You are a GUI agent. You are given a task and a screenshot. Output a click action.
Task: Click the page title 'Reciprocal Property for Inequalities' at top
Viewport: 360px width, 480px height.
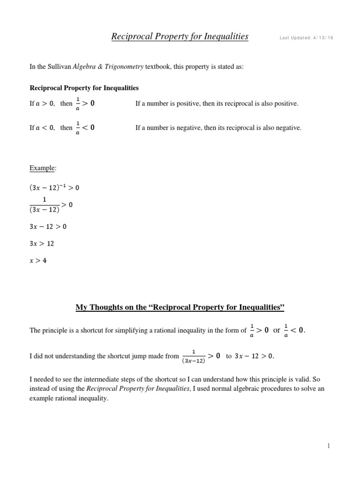coord(180,36)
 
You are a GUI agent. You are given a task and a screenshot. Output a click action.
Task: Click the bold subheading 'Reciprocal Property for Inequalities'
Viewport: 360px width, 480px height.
coord(84,88)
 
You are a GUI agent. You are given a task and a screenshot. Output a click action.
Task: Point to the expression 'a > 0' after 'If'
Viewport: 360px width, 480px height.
coord(45,104)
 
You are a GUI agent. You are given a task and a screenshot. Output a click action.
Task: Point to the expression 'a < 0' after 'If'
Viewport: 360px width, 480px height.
coord(45,127)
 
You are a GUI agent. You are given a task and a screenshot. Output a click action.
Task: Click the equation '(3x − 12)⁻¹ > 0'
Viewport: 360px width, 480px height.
coord(54,187)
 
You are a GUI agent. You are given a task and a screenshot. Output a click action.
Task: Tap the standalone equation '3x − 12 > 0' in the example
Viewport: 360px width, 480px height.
coord(48,226)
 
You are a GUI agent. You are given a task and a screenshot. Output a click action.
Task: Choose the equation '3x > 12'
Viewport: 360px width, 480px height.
coord(42,244)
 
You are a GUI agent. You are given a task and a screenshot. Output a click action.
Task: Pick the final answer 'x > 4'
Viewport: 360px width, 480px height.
coord(38,261)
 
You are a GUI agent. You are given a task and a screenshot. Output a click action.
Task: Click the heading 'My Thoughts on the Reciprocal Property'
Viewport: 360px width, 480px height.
coord(180,307)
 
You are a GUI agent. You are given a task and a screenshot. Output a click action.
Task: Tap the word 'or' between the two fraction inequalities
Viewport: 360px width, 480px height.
coord(277,330)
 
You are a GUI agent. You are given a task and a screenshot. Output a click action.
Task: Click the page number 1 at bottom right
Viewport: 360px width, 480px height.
coord(329,446)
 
